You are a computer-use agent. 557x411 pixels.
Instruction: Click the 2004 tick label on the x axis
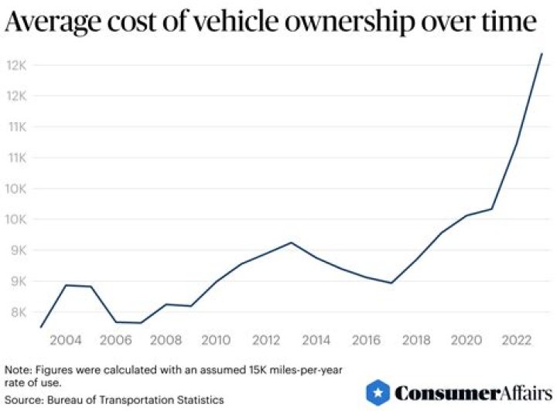[67, 340]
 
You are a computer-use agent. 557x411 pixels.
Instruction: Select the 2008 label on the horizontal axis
[166, 340]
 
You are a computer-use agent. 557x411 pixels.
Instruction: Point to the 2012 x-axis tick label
[265, 340]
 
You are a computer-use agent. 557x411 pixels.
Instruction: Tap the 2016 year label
[365, 340]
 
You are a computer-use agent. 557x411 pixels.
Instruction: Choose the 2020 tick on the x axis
[464, 340]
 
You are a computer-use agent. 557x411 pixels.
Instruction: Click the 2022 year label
[514, 340]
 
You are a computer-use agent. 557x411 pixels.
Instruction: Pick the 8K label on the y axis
[17, 312]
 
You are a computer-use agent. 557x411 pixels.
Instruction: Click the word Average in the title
[53, 24]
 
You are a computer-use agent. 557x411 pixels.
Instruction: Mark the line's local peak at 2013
[291, 243]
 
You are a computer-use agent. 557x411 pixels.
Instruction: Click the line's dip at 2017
[391, 283]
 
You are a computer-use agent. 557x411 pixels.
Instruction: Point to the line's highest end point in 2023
[542, 53]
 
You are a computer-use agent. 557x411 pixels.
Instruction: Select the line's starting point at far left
[41, 327]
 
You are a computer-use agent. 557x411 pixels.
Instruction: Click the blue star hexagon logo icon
[377, 392]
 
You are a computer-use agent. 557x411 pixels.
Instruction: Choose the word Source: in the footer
[24, 399]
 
